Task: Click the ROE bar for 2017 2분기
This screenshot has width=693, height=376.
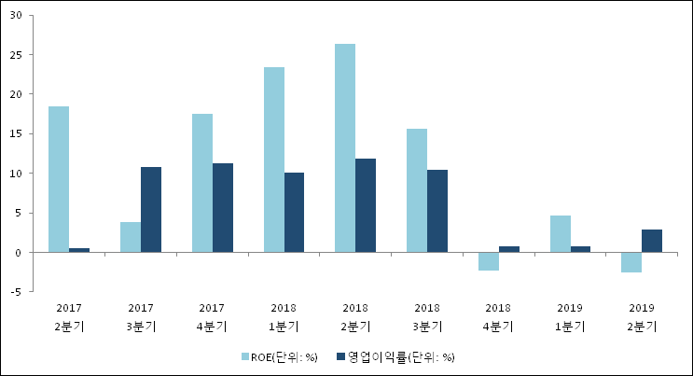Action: [59, 179]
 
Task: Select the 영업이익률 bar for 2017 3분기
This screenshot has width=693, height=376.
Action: [151, 210]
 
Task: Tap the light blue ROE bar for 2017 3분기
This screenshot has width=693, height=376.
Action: [131, 237]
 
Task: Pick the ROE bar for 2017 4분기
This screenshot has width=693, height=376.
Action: [202, 183]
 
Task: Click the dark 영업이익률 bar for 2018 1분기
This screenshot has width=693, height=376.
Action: [295, 213]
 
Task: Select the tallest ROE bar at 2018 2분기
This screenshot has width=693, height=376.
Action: [345, 148]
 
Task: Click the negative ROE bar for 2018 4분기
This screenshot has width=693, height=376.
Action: [489, 261]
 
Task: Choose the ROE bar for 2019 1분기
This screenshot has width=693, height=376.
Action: [561, 234]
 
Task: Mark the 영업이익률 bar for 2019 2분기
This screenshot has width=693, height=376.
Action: [652, 241]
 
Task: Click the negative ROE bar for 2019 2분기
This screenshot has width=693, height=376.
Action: [631, 262]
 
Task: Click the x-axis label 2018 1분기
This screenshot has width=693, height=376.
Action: [284, 316]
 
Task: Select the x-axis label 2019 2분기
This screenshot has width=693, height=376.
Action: [642, 316]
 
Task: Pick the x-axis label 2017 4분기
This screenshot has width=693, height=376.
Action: [212, 316]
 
